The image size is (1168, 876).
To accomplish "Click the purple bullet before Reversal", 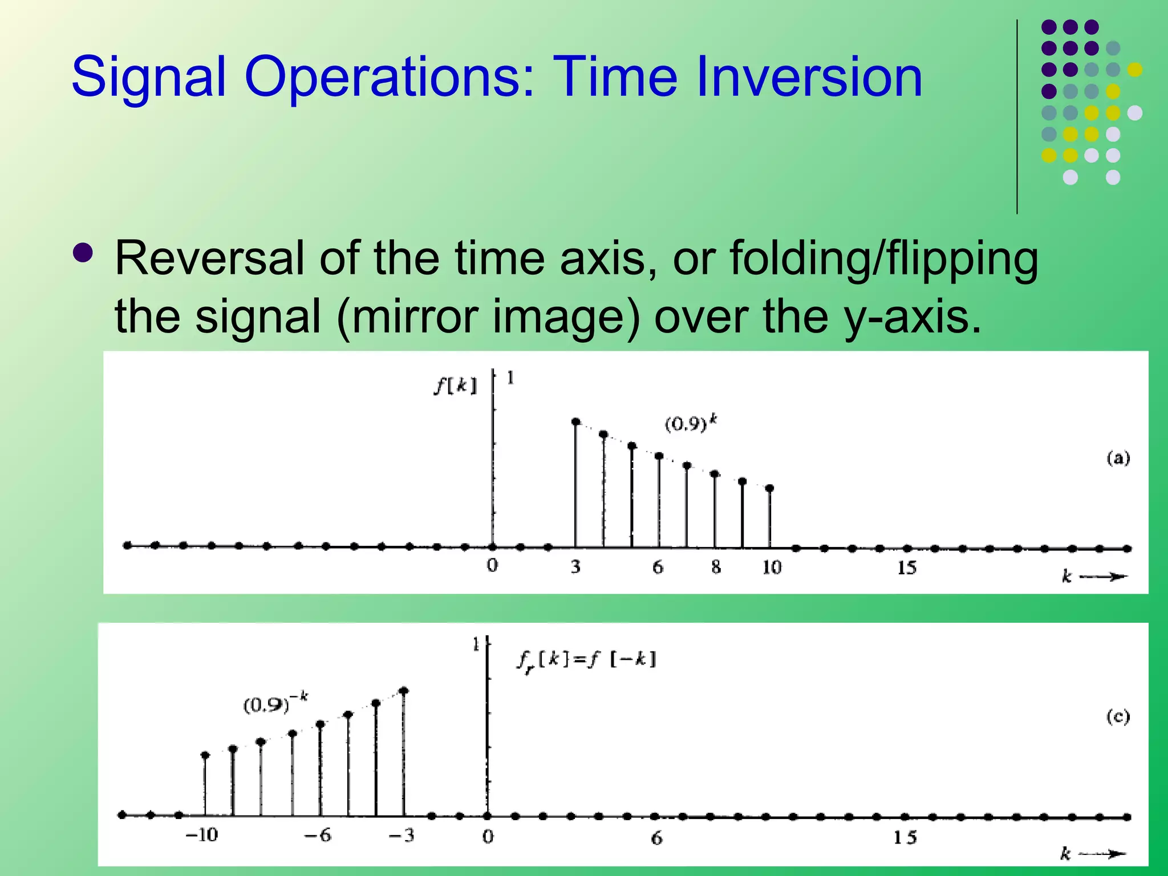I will pyautogui.click(x=83, y=253).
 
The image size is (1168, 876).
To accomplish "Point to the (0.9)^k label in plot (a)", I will pyautogui.click(x=691, y=424).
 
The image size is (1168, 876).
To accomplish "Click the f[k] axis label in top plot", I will pyautogui.click(x=455, y=386).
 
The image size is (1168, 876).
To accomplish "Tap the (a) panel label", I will pyautogui.click(x=1118, y=458).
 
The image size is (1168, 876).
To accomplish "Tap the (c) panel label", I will pyautogui.click(x=1118, y=716).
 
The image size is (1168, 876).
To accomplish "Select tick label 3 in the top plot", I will pyautogui.click(x=575, y=567).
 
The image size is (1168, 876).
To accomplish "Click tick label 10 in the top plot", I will pyautogui.click(x=772, y=567).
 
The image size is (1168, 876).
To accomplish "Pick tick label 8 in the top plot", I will pyautogui.click(x=716, y=567).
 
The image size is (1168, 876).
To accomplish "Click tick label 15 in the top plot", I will pyautogui.click(x=906, y=568).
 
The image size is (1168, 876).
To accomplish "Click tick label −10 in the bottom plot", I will pyautogui.click(x=202, y=836).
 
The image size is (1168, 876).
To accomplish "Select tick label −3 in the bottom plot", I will pyautogui.click(x=401, y=836).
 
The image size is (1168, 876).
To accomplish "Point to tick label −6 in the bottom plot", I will pyautogui.click(x=318, y=836).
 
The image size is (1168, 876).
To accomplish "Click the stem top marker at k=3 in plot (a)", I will pyautogui.click(x=576, y=422).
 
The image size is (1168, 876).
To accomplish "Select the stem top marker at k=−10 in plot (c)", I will pyautogui.click(x=205, y=755).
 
